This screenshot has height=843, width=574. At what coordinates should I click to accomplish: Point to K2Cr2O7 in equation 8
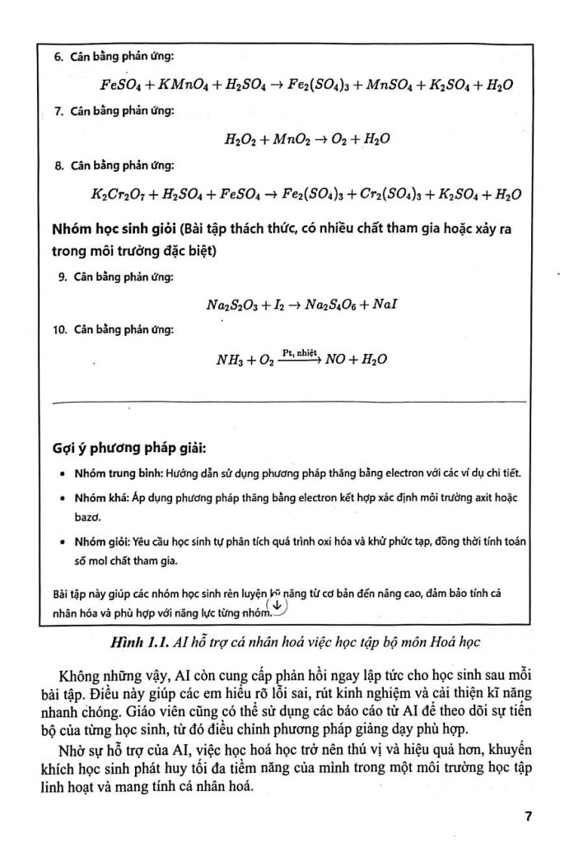121,195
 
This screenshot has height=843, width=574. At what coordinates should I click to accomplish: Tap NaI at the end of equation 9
385,305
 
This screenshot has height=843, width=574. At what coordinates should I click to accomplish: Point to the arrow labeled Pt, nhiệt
301,359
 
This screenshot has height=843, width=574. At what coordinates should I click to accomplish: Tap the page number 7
527,817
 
